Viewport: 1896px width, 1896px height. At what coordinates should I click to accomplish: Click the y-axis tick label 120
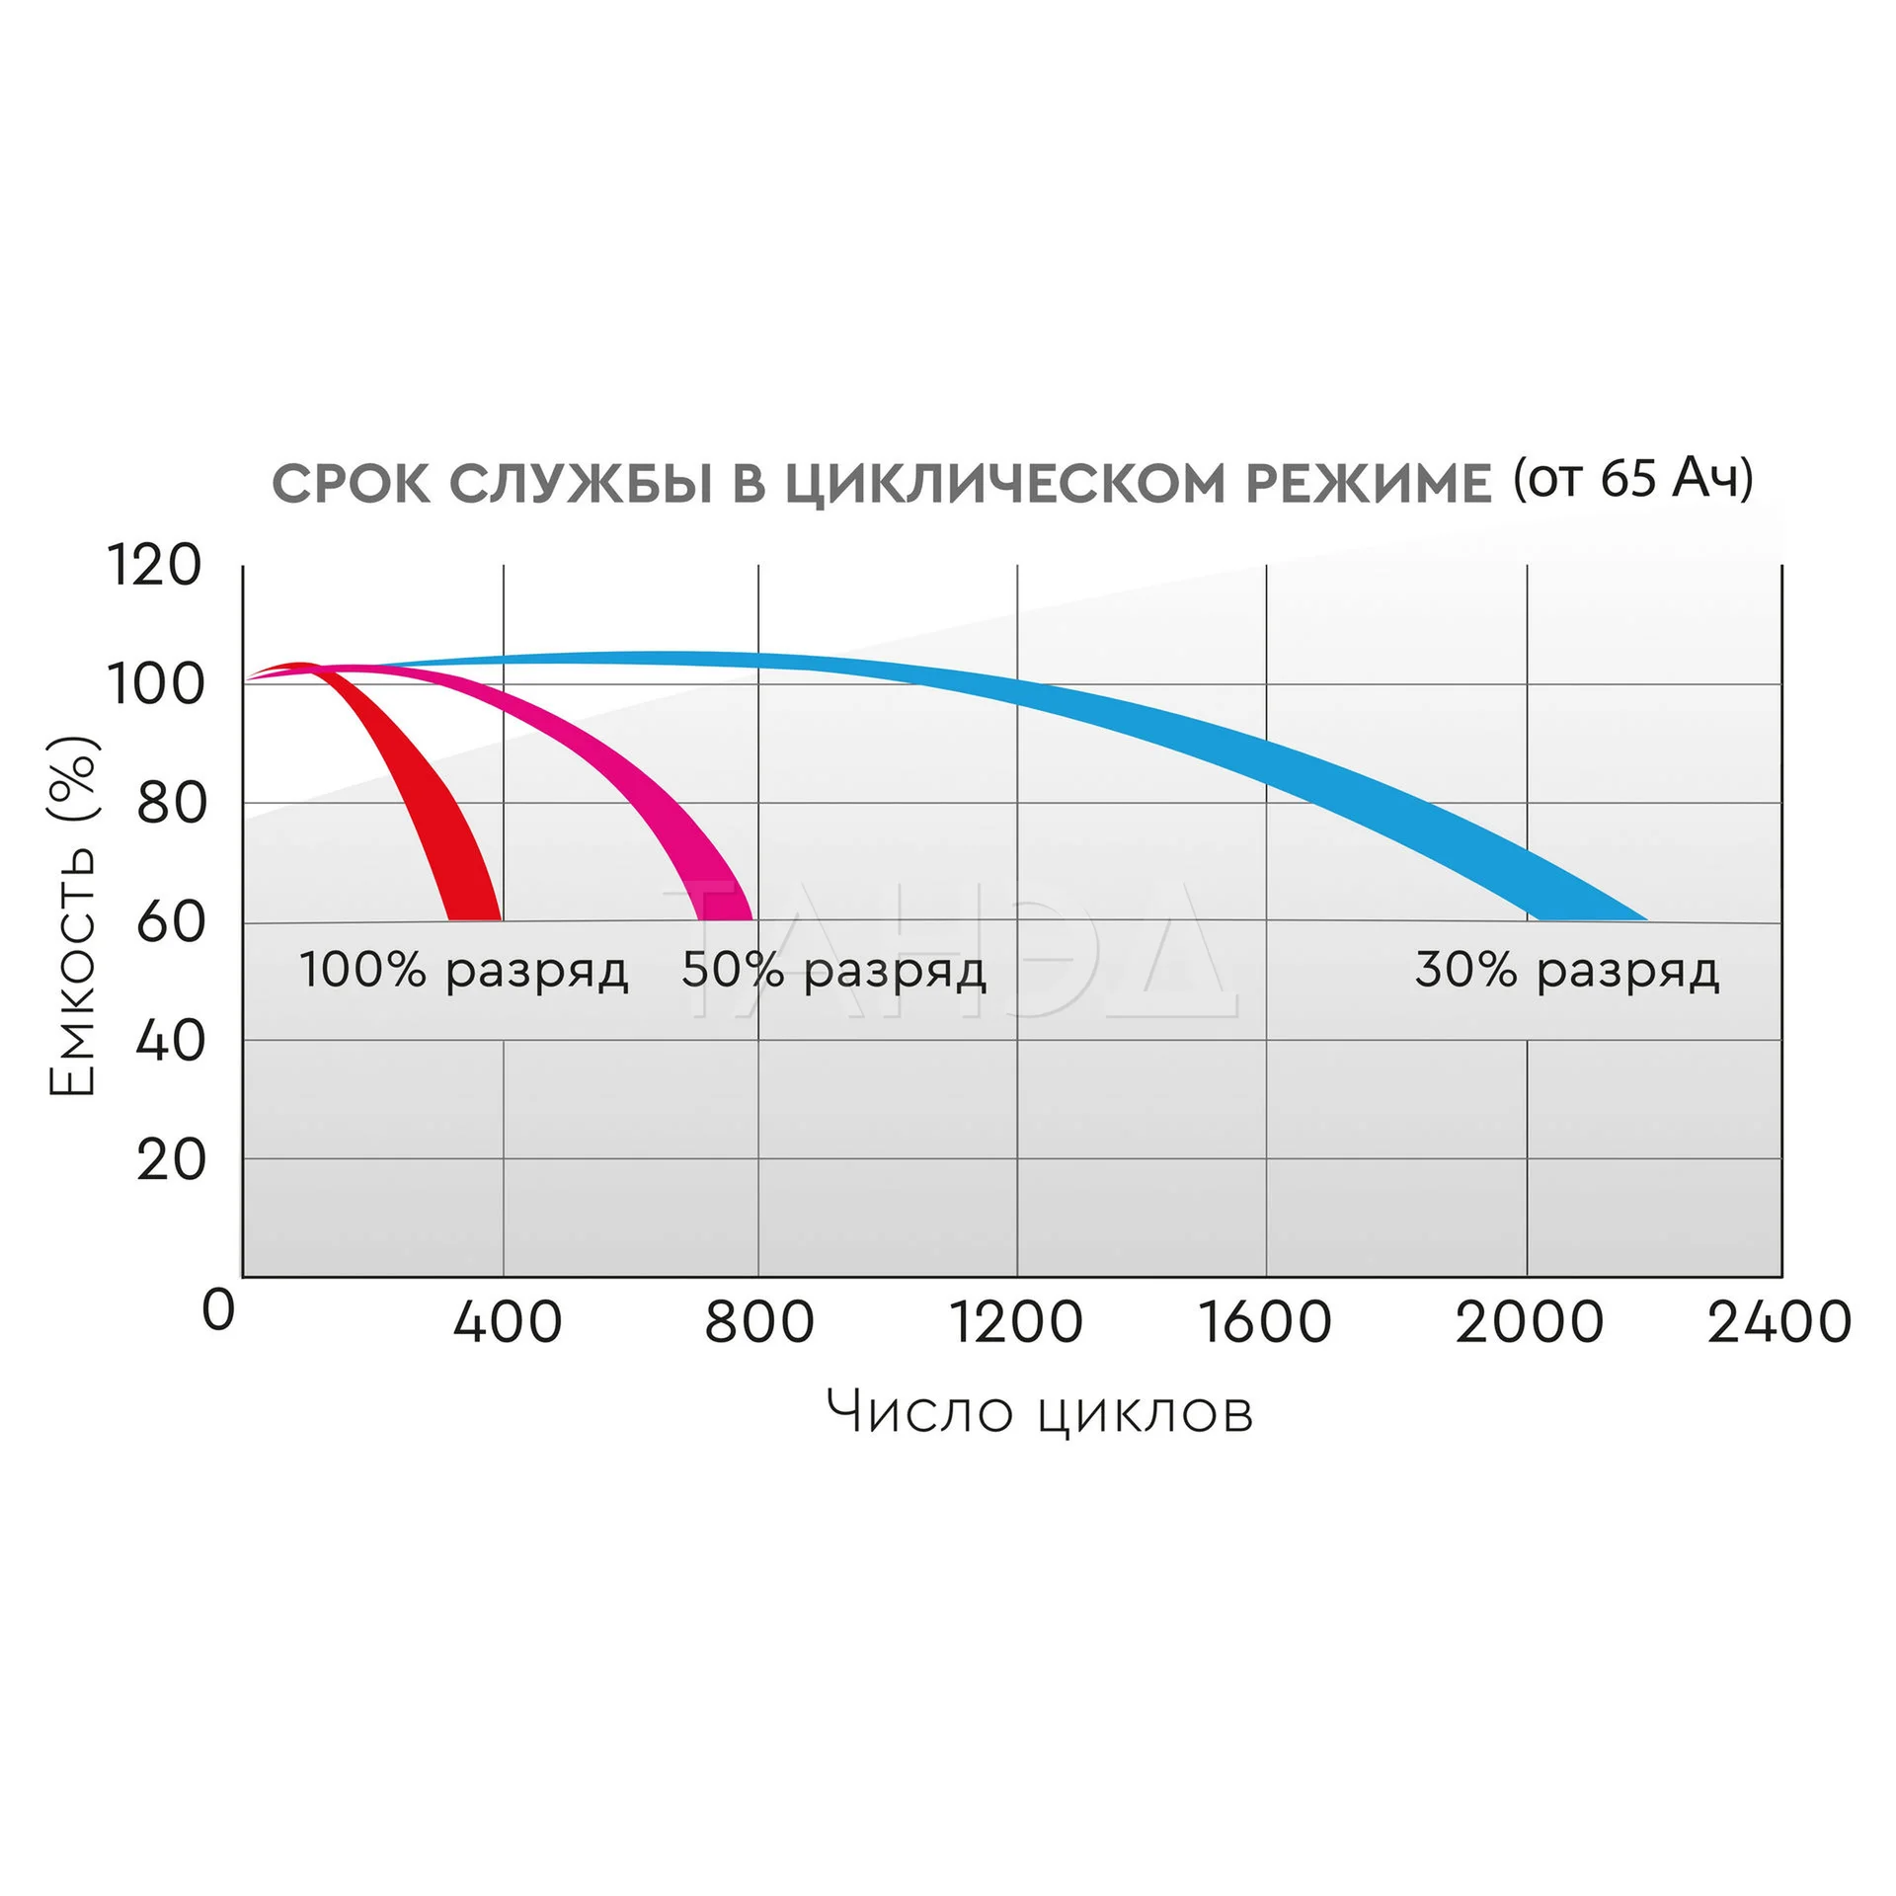point(154,566)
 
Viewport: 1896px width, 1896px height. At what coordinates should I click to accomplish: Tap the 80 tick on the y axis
point(171,803)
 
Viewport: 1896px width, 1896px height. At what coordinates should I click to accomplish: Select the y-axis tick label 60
point(171,922)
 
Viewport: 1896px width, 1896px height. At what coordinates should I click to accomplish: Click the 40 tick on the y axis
point(171,1041)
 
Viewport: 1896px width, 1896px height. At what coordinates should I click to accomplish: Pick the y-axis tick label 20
point(171,1159)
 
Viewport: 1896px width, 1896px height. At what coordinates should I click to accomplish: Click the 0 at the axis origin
point(218,1311)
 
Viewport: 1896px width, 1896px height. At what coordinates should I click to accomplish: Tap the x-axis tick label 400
point(507,1322)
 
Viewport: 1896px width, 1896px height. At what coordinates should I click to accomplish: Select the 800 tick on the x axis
point(758,1322)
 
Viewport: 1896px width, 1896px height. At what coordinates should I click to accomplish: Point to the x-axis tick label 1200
point(1016,1322)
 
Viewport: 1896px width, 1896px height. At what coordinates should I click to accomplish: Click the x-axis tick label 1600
point(1265,1322)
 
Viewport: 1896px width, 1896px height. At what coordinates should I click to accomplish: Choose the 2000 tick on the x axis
point(1529,1322)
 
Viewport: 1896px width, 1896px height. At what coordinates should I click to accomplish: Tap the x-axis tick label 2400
point(1778,1322)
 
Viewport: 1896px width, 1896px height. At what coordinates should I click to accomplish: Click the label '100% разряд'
point(463,971)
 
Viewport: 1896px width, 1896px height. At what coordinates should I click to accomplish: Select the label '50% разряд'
point(833,971)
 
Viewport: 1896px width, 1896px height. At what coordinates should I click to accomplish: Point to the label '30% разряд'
point(1567,971)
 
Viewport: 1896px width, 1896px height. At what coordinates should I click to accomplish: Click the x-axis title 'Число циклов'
point(1040,1412)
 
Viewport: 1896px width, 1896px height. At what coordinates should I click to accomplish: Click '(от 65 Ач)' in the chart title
point(1633,479)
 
